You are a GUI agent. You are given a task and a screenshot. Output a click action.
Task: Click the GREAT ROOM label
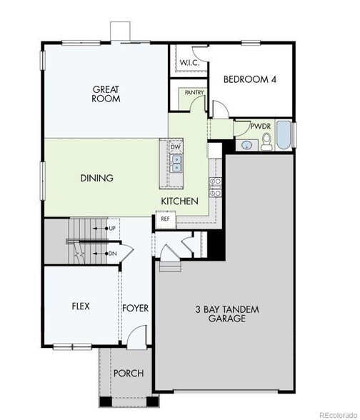(106, 94)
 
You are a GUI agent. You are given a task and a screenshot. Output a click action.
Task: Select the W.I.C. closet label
(189, 63)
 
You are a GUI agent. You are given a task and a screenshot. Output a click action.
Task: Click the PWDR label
(259, 126)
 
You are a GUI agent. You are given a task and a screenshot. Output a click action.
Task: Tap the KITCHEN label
(179, 201)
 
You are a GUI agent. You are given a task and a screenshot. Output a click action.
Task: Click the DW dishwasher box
(176, 147)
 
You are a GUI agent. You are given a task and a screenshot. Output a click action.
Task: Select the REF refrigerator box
(165, 219)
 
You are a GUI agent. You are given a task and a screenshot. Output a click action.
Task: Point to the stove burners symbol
(213, 187)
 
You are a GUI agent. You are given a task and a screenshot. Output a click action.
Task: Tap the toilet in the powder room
(266, 143)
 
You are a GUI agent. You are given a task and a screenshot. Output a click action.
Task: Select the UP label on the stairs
(112, 229)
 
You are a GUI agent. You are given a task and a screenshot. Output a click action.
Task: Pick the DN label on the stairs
(112, 253)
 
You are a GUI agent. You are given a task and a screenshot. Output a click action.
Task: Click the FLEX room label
(80, 306)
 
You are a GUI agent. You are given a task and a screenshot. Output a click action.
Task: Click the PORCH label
(129, 373)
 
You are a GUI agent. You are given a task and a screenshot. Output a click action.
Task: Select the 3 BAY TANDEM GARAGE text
(226, 314)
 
